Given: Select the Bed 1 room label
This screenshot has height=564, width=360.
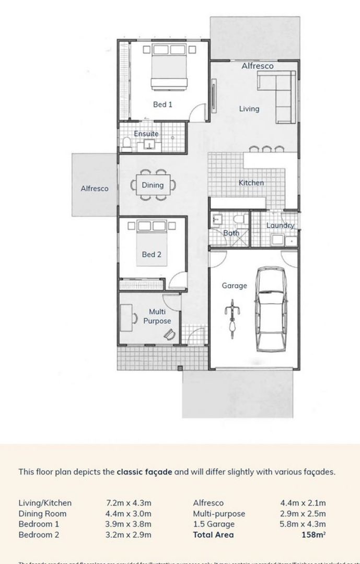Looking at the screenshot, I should pyautogui.click(x=162, y=104).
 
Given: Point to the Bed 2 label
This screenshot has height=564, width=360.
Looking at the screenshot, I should pyautogui.click(x=152, y=255).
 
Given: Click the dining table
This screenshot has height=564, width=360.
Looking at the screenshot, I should pyautogui.click(x=153, y=185).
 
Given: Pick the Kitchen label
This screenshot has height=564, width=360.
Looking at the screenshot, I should pyautogui.click(x=251, y=183).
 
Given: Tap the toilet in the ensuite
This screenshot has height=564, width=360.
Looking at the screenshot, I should pyautogui.click(x=126, y=143).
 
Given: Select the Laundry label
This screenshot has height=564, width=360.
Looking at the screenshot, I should pyautogui.click(x=280, y=226).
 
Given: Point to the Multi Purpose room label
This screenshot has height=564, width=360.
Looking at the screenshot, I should pyautogui.click(x=157, y=316).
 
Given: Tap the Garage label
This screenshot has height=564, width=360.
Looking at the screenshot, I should pyautogui.click(x=234, y=286).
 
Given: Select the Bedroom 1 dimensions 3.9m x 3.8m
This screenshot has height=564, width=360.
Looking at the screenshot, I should pyautogui.click(x=129, y=524).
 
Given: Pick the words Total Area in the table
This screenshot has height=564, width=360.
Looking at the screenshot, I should pyautogui.click(x=213, y=535).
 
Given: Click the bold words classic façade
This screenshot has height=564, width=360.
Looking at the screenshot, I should pyautogui.click(x=144, y=472).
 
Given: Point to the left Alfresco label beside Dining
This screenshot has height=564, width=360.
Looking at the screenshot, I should pyautogui.click(x=95, y=189).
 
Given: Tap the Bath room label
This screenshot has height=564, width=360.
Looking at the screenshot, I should pyautogui.click(x=231, y=233).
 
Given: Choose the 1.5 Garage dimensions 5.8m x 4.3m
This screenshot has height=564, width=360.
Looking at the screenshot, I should pyautogui.click(x=303, y=524).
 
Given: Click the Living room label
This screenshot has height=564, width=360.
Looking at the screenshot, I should pyautogui.click(x=249, y=109).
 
